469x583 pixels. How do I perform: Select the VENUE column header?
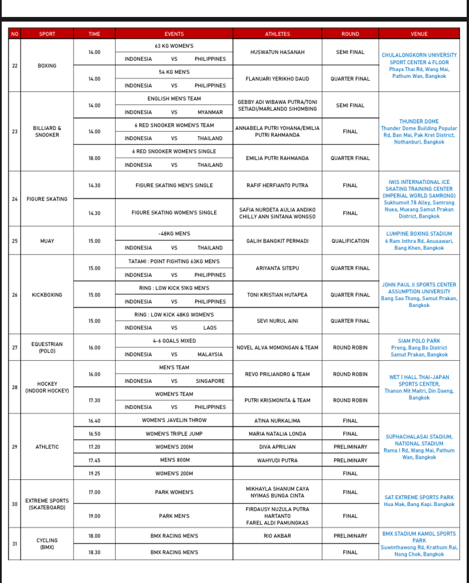(x=419, y=34)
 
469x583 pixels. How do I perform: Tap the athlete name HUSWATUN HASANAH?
(x=277, y=52)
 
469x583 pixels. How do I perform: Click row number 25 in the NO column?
(x=15, y=241)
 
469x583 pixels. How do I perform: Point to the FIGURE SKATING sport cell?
(x=47, y=199)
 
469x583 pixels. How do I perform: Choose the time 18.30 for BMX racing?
(x=94, y=552)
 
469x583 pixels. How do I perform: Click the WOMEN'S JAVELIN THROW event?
(x=174, y=421)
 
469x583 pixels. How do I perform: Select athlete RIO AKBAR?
(x=277, y=536)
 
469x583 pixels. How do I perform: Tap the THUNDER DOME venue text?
(x=419, y=121)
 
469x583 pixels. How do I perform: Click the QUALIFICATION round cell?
(x=350, y=241)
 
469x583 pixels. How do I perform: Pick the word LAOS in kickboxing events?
(x=210, y=328)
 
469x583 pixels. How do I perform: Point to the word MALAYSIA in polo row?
(x=210, y=354)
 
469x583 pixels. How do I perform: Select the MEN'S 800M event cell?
(x=174, y=461)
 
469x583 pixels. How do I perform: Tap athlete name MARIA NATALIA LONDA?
(x=277, y=434)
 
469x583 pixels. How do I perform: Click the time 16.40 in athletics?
(x=94, y=421)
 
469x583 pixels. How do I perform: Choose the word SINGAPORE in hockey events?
(x=210, y=381)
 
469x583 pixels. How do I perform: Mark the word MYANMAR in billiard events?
(x=210, y=112)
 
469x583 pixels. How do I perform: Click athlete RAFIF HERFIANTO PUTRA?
(x=277, y=185)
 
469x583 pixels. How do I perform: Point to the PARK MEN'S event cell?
(x=174, y=516)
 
